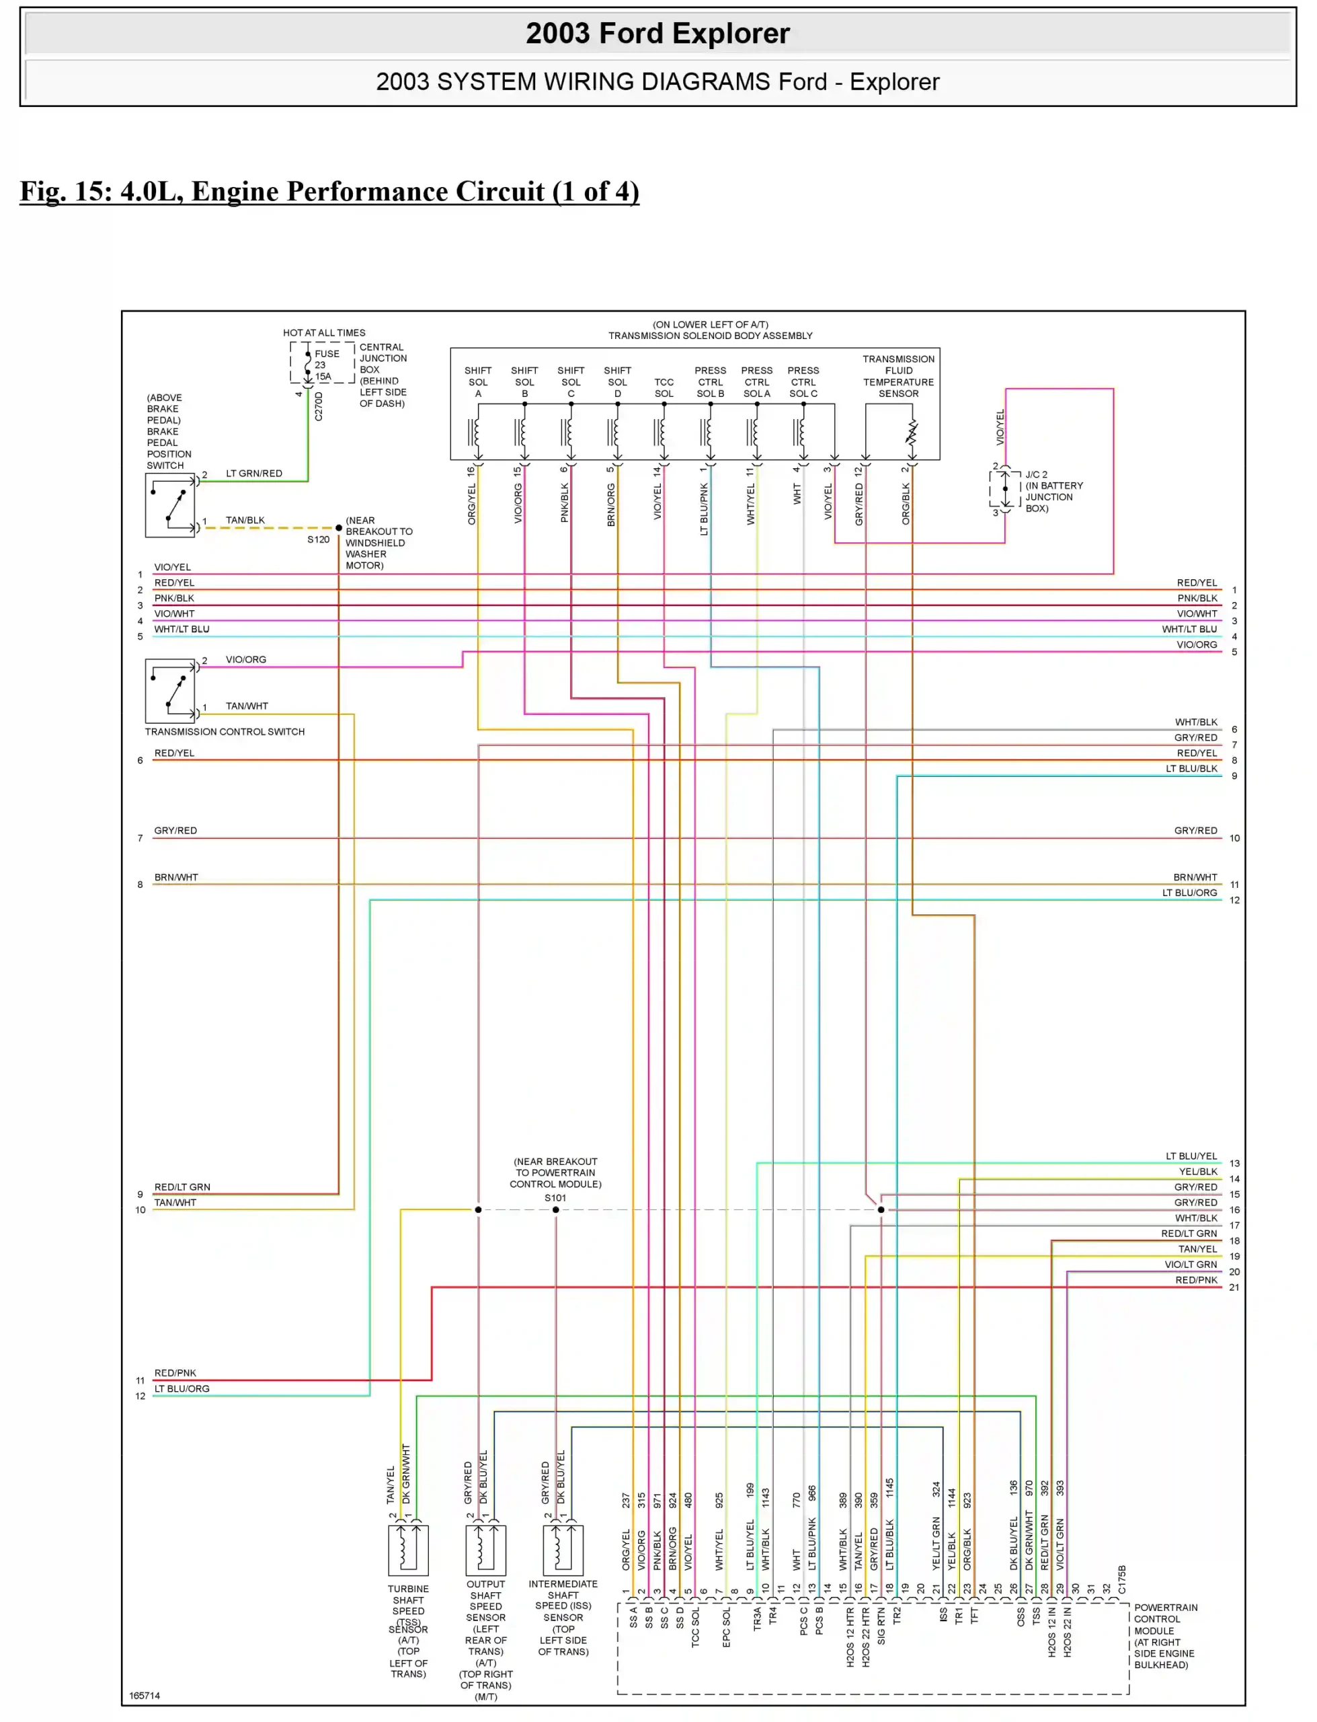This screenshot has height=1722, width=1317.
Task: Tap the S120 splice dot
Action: (x=339, y=528)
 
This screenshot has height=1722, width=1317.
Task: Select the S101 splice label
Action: (x=555, y=1197)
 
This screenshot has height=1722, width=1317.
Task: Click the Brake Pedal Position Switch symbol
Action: (x=170, y=506)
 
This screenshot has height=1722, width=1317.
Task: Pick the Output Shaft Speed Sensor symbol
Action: (x=485, y=1550)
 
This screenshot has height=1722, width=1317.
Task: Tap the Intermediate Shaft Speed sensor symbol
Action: (x=563, y=1550)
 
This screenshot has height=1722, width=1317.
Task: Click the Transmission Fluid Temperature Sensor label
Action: (x=898, y=377)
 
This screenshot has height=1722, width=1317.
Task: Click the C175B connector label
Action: (x=1122, y=1579)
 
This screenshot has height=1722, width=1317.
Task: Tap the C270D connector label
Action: (x=318, y=406)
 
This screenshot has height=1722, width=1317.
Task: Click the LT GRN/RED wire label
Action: (x=254, y=474)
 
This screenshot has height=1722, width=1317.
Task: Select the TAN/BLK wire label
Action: (x=245, y=520)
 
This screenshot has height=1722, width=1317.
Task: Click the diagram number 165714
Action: (x=145, y=1695)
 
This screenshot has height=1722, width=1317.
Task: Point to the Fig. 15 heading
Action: (x=329, y=191)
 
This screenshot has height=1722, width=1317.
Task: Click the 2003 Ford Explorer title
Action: (x=657, y=33)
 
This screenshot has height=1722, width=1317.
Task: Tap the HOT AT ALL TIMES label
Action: (x=324, y=332)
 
